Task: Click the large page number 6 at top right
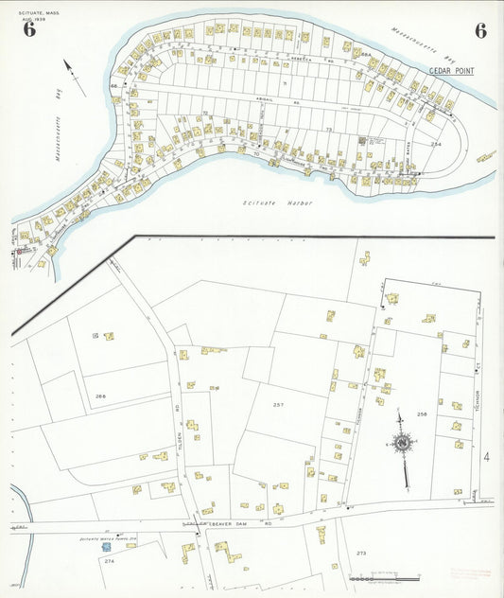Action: (480, 30)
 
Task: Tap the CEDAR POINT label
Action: (451, 71)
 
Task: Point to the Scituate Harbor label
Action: (276, 203)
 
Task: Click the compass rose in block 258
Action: (403, 443)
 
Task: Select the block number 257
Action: (278, 404)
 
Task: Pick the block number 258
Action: (423, 413)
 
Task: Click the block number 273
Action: (361, 552)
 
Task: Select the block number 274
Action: (110, 562)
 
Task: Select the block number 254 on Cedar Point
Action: (435, 144)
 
